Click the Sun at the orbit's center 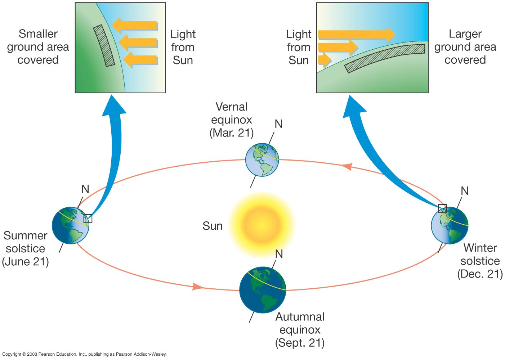click(x=262, y=225)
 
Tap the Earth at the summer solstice click(x=71, y=225)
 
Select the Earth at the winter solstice click(x=450, y=225)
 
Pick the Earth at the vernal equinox click(x=262, y=160)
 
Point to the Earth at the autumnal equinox click(x=263, y=290)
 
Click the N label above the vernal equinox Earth click(x=279, y=124)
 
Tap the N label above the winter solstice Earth click(x=465, y=191)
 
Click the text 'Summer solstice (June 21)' click(x=25, y=249)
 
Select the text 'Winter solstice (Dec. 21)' click(x=480, y=261)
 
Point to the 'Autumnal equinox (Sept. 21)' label click(x=300, y=330)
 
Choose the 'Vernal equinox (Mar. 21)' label click(x=232, y=120)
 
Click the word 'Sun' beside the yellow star click(x=213, y=226)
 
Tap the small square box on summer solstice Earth click(x=88, y=219)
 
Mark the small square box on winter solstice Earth click(x=442, y=208)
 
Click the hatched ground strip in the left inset click(x=104, y=46)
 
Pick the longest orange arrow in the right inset click(x=357, y=34)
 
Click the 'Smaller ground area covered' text click(x=38, y=47)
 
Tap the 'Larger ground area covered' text click(x=465, y=47)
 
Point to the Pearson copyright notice click(x=84, y=354)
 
